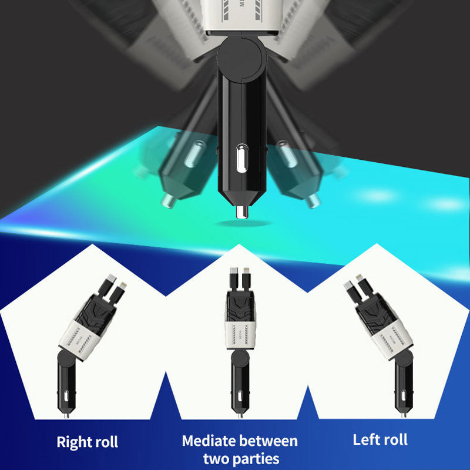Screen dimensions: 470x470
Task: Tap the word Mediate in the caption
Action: click(x=209, y=441)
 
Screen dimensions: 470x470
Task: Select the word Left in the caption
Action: click(x=365, y=439)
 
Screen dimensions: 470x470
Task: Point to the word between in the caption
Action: click(x=268, y=441)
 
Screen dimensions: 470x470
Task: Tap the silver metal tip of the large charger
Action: click(x=242, y=212)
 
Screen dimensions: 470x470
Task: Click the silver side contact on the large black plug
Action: click(x=241, y=159)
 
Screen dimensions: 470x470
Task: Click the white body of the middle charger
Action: click(x=240, y=335)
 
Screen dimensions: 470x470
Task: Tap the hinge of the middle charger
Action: click(x=240, y=358)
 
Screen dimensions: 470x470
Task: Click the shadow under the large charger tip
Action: click(x=243, y=223)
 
